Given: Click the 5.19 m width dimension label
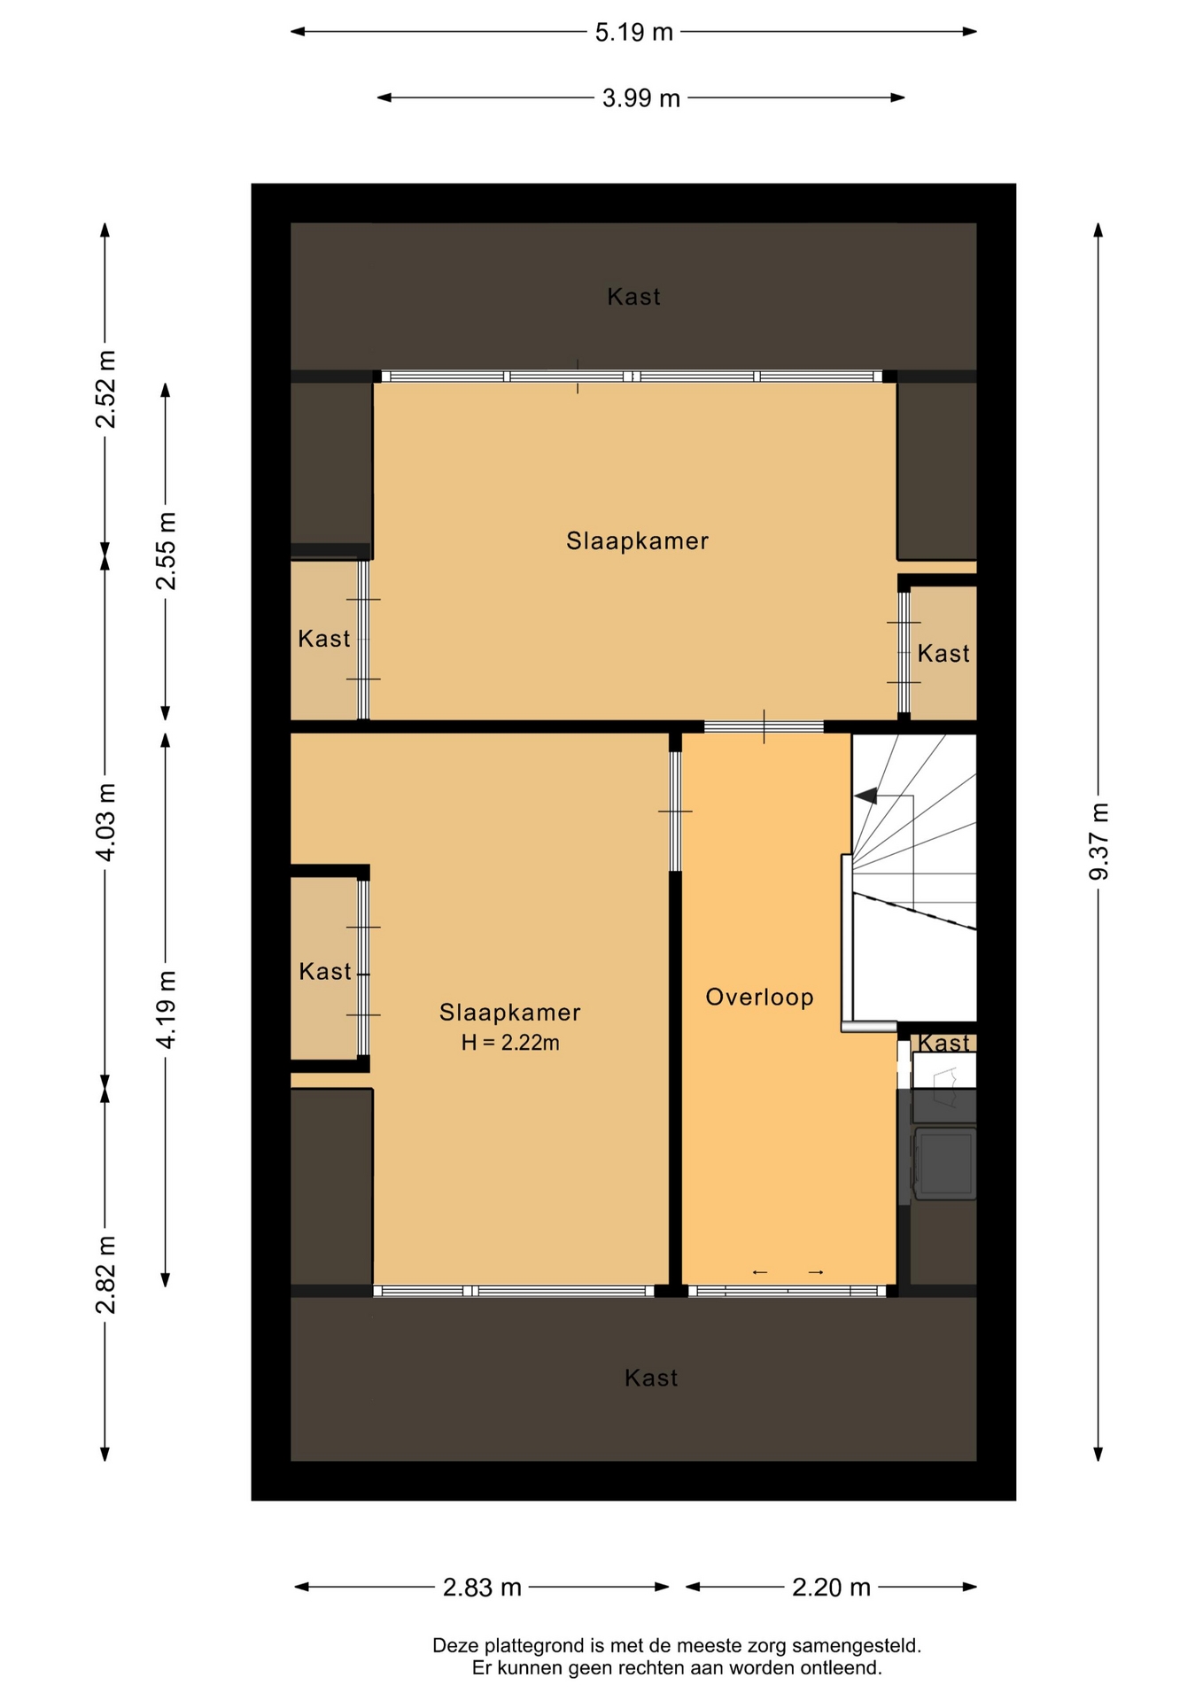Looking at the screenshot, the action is [x=633, y=33].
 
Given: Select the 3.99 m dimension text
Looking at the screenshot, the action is [x=641, y=98].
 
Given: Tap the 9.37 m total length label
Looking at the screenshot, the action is [x=1098, y=842].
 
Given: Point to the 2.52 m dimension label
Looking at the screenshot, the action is [x=105, y=389].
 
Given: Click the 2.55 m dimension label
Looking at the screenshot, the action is [x=166, y=551].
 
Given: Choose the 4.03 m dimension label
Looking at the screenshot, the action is [x=105, y=822].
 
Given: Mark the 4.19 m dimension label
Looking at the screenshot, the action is [x=166, y=1010].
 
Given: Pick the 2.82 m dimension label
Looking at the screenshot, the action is [x=105, y=1275].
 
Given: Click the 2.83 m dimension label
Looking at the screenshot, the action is [x=482, y=1587].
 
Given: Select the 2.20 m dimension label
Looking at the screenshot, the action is [x=831, y=1587].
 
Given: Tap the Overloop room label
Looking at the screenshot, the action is [x=759, y=998].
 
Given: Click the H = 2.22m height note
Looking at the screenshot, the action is [x=510, y=1043].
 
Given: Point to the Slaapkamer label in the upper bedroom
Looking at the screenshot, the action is [x=638, y=540].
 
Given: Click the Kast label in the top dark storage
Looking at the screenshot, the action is [x=633, y=297].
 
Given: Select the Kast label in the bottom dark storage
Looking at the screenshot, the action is [x=651, y=1378].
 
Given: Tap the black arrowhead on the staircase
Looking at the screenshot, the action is [x=865, y=796].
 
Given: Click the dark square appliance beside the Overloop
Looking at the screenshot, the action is [x=945, y=1162].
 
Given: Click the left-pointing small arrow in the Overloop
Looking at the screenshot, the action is [x=759, y=1272].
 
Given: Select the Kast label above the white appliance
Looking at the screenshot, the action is [x=943, y=1043].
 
